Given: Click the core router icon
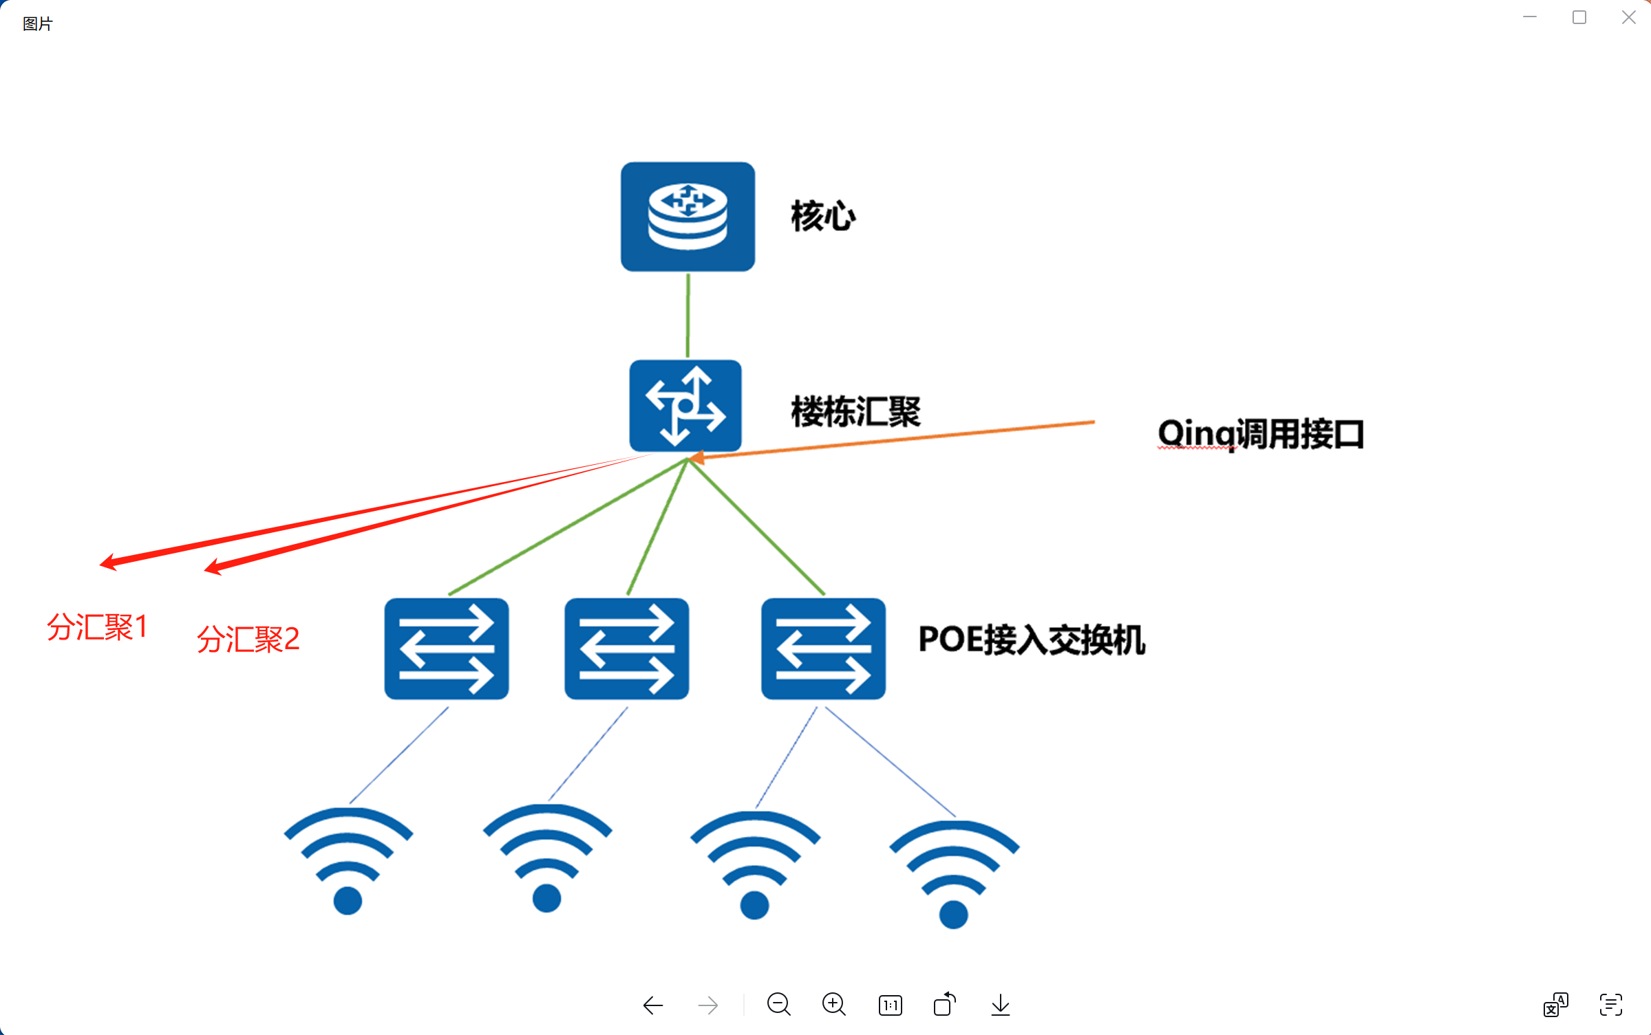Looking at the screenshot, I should (x=688, y=217).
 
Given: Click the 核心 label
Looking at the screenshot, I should (x=823, y=217).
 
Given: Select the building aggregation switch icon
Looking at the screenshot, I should (x=685, y=406).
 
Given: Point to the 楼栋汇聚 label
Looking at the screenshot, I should (x=855, y=412).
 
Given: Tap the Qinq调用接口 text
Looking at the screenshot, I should (x=1260, y=434).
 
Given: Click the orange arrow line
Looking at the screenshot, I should (x=895, y=439).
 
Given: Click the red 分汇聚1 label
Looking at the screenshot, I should (x=97, y=627).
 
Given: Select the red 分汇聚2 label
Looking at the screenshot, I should (x=248, y=639).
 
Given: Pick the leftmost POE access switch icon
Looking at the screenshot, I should (x=447, y=649).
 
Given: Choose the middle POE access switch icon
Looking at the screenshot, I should (x=626, y=649).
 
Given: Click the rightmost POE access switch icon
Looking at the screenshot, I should (x=823, y=649).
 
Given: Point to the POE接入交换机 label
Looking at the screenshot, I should (x=1032, y=640).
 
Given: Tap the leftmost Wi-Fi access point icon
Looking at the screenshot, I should (x=348, y=860).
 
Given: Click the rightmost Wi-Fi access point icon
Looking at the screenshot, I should (x=954, y=873).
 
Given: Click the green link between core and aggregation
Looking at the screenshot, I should (x=688, y=315).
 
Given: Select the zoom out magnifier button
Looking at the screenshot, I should (x=778, y=1005).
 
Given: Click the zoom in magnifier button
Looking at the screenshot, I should (x=834, y=1005).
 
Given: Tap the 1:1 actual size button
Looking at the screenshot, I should (x=890, y=1005).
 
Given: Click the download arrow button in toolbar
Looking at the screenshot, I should (x=1001, y=1005).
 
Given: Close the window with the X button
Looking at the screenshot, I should (x=1628, y=18).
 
